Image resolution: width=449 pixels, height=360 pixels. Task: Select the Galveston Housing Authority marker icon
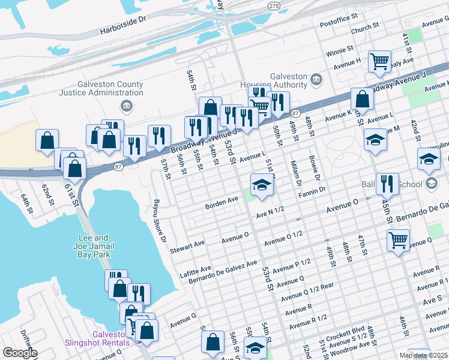(x=316, y=79)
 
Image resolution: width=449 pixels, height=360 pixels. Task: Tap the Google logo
(x=19, y=353)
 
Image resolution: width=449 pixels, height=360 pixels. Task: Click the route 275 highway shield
(x=273, y=5)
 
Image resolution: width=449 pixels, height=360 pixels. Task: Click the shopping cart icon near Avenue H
(x=379, y=61)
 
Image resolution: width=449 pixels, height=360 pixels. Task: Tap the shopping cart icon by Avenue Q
(x=399, y=241)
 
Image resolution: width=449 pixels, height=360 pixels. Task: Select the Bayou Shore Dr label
(x=159, y=221)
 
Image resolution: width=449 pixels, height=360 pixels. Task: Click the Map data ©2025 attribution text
(x=423, y=355)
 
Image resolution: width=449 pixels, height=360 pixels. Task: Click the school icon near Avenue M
(x=375, y=140)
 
